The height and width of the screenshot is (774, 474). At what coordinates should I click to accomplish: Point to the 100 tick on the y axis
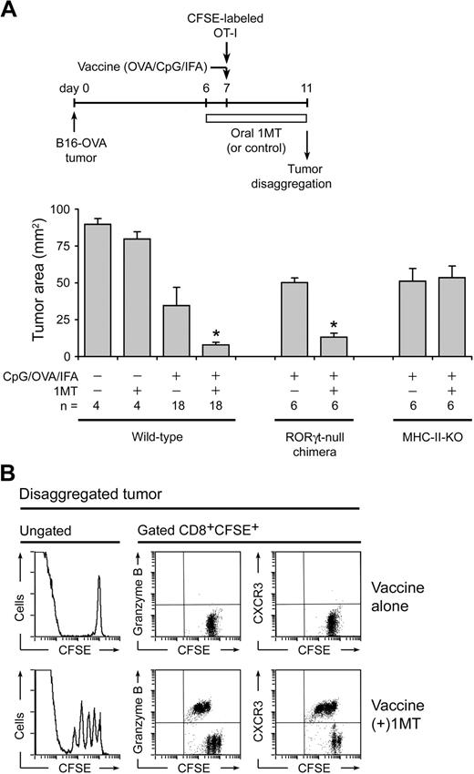(63, 209)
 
